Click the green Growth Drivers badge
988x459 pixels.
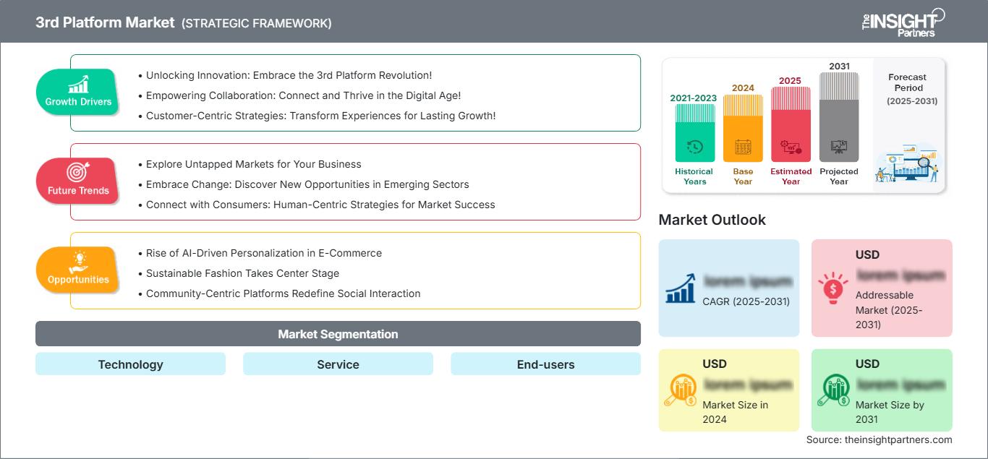coord(77,92)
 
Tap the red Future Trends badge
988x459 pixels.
coord(77,181)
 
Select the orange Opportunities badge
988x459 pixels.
coord(77,270)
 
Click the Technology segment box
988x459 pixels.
coord(130,364)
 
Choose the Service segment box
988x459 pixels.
coord(338,364)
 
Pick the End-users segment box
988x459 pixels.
coord(545,364)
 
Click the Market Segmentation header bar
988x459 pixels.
coord(338,334)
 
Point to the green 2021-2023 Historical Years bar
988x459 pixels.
coord(694,134)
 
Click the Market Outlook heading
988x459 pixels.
coord(712,220)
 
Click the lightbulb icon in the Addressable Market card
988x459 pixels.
coord(832,288)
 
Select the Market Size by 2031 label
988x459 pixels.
coord(890,412)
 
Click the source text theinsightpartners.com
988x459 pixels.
coord(879,439)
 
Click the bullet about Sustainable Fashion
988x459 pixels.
coord(242,273)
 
